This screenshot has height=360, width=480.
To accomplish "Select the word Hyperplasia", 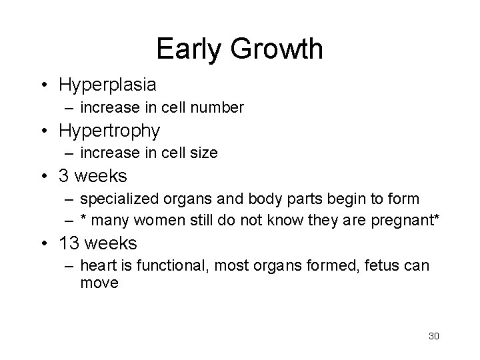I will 108,85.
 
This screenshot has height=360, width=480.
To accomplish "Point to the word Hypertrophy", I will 110,131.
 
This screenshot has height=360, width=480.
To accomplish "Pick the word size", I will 203,153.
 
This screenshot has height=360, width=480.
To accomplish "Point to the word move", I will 99,283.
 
